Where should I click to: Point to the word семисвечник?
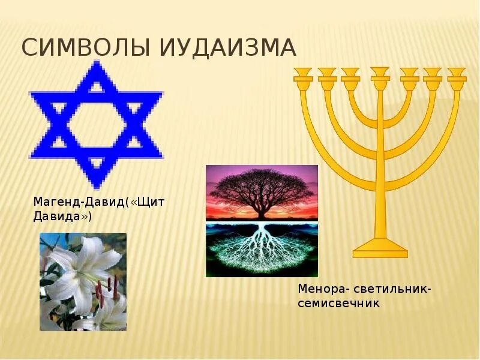click(339, 303)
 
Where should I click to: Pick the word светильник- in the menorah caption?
click(389, 289)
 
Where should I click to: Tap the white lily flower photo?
click(83, 282)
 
